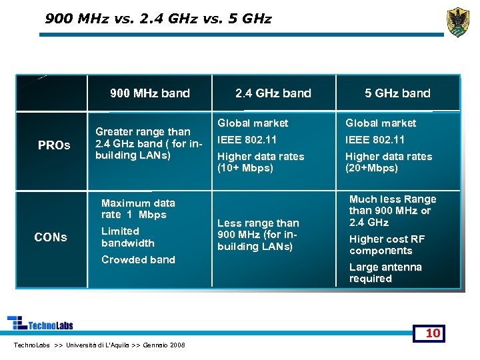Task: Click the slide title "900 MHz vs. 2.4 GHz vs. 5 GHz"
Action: tap(158, 19)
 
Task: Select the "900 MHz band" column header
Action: tap(150, 93)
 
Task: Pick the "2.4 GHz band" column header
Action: tap(273, 93)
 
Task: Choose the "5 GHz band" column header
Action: tap(397, 93)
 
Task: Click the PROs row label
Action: tap(54, 145)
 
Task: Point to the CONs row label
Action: tap(51, 237)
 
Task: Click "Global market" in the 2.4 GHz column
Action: tap(253, 123)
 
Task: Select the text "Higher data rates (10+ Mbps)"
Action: tap(261, 162)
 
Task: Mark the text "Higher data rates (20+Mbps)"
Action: tap(388, 162)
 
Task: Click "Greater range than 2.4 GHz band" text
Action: tap(147, 143)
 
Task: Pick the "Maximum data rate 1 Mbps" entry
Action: tap(138, 209)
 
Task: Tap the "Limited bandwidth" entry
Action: tap(127, 237)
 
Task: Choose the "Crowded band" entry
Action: tap(138, 259)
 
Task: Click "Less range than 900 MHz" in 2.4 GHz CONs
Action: tap(258, 235)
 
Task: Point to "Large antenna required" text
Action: tap(385, 273)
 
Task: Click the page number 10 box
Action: tap(433, 333)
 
